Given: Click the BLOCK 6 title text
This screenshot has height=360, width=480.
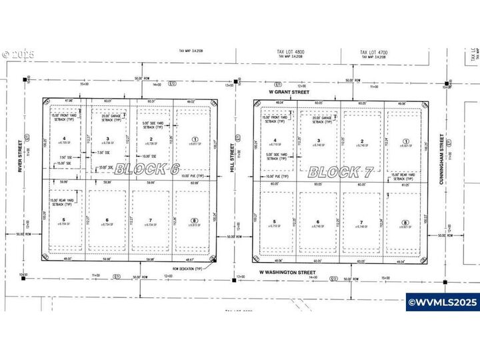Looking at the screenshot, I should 147,169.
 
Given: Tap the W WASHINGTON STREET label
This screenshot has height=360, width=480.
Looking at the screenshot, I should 288,272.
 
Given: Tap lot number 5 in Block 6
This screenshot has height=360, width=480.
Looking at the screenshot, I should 64,220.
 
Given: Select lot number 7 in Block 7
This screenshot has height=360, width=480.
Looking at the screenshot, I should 361,223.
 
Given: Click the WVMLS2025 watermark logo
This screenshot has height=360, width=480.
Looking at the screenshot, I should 442,302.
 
